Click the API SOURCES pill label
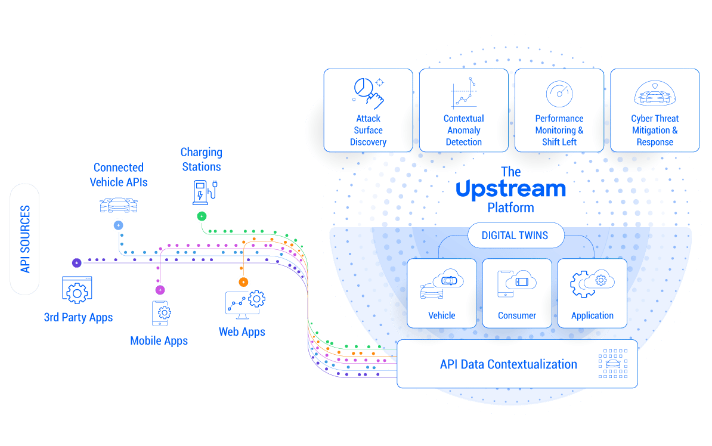click(x=25, y=239)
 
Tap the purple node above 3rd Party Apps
click(x=77, y=262)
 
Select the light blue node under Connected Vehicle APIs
click(x=119, y=225)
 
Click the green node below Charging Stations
click(x=202, y=216)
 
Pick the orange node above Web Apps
click(x=243, y=281)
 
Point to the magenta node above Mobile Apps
click(x=160, y=290)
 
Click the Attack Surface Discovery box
click(x=368, y=110)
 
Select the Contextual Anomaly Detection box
click(x=463, y=110)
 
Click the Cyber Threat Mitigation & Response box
click(x=655, y=110)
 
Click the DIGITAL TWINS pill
click(x=515, y=236)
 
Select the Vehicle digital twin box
click(x=442, y=293)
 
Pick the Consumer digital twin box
click(x=517, y=293)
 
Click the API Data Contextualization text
click(x=508, y=364)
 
